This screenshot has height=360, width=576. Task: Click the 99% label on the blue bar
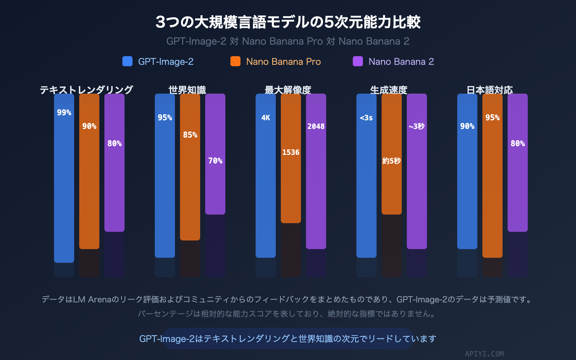pos(64,113)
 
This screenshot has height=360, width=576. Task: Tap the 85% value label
pos(190,135)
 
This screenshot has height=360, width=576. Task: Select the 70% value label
pos(215,161)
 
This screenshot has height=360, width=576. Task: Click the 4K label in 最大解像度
pos(266,118)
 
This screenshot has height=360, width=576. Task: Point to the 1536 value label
pos(291,152)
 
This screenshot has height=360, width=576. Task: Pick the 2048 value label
pos(316,126)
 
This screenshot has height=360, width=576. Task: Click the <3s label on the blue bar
pos(366,118)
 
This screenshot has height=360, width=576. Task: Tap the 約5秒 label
pos(392,161)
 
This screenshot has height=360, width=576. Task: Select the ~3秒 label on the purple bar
pos(417,126)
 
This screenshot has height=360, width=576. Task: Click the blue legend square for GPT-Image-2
pos(127,61)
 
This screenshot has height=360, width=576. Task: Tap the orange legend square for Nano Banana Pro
pos(235,61)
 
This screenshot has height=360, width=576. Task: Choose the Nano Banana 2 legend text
pos(401,62)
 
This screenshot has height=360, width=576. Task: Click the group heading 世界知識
pos(187,90)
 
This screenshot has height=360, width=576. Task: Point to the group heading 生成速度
pos(389,90)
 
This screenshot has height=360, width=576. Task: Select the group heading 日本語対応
pos(490,90)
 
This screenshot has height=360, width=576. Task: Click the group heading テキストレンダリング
pos(86,90)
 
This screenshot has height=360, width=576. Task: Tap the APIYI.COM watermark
pos(484,354)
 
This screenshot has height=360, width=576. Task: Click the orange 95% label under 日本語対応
pos(492,118)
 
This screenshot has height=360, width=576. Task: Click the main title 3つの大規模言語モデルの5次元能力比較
pos(288,22)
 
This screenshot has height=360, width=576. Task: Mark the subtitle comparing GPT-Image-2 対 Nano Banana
pos(288,41)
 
